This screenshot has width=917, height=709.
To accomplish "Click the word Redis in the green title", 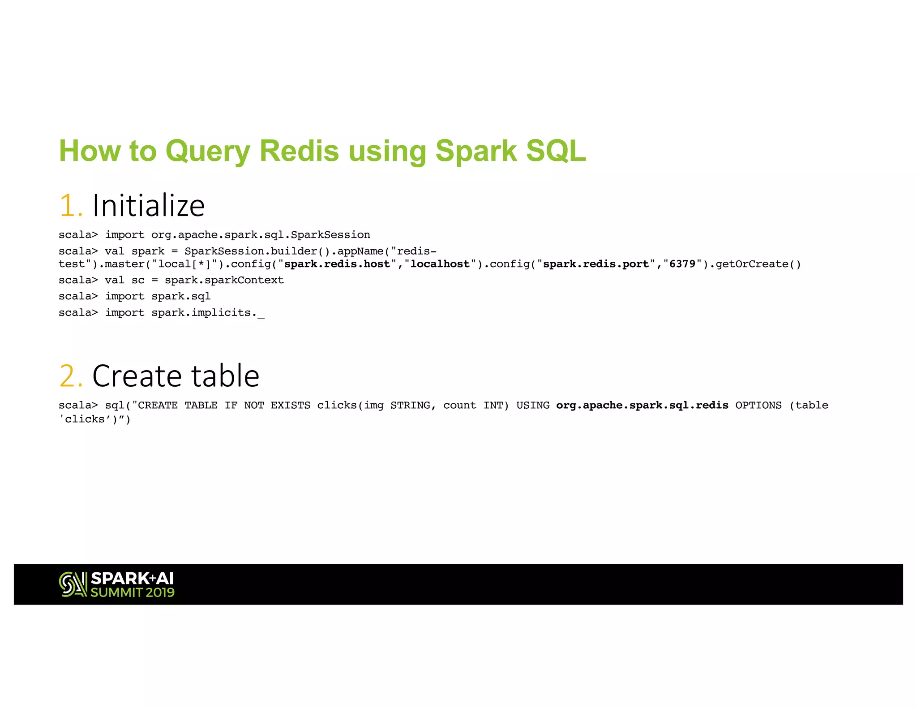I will click(299, 151).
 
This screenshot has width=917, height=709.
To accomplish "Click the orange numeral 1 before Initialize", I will click(70, 206).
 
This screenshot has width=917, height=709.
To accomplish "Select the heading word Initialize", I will click(148, 206).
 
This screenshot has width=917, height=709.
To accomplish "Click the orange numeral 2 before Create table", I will click(70, 376).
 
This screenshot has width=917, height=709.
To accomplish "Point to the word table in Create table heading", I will click(225, 376).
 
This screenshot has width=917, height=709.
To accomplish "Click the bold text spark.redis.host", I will click(337, 264).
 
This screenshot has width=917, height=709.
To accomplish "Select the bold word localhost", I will click(440, 264).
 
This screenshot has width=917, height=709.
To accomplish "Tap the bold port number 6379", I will click(682, 264).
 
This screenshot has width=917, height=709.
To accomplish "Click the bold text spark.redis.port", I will click(596, 264).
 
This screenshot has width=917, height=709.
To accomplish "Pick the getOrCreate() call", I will click(758, 264).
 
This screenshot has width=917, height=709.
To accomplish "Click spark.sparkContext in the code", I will click(224, 280).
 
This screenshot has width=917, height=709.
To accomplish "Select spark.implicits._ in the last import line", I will click(208, 312).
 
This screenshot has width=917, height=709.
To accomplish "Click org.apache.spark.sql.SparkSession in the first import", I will click(261, 235).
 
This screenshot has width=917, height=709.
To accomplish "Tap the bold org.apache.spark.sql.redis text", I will click(642, 405).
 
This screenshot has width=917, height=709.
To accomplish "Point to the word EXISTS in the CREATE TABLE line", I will click(290, 405).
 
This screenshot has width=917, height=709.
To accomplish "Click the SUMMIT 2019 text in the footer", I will click(133, 592).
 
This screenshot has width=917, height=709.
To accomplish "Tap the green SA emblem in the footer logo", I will click(73, 584).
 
